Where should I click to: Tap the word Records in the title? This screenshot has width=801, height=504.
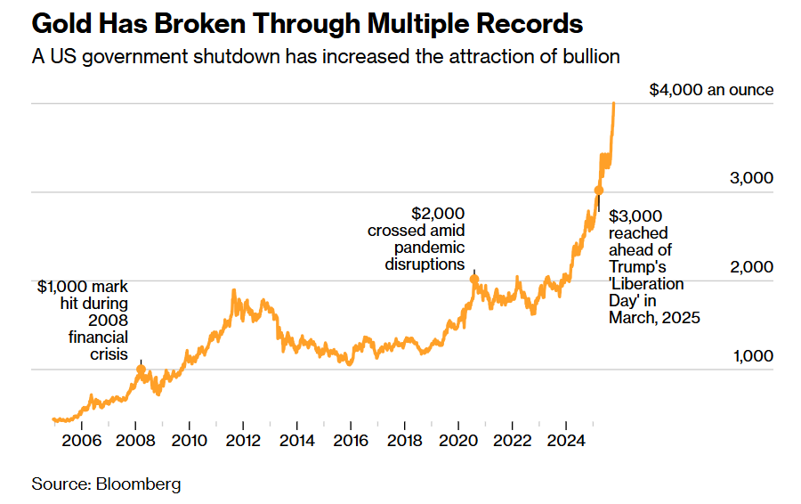point(524,23)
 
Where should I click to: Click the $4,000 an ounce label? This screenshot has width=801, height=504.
point(711,90)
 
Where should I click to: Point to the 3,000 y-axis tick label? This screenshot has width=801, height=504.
point(751,178)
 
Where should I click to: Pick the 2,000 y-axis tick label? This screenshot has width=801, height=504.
point(751,267)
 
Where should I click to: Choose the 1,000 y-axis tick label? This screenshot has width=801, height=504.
point(751,356)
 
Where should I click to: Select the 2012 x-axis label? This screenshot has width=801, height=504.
point(243,440)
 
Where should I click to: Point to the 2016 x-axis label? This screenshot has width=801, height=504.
point(352,440)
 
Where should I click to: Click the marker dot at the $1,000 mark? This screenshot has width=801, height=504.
point(141,369)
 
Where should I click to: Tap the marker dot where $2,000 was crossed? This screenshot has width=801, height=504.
point(473,280)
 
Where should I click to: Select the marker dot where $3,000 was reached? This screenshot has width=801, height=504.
point(599,191)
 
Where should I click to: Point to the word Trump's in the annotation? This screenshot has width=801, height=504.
point(637,267)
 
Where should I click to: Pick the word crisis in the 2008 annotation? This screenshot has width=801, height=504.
point(110,354)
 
